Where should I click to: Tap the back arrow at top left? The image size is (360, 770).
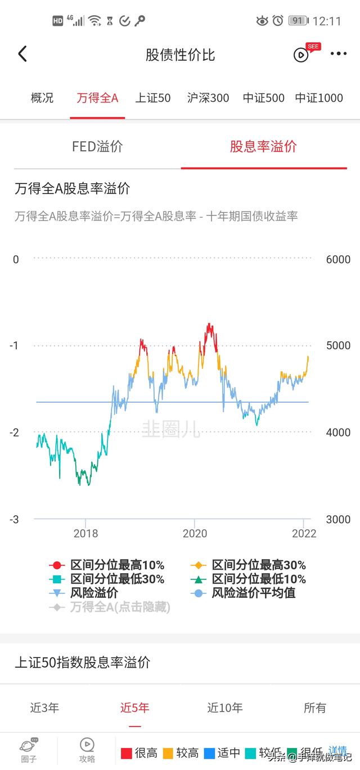click(x=22, y=55)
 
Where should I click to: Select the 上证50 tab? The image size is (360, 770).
click(x=153, y=98)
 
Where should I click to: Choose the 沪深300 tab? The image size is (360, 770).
click(x=208, y=98)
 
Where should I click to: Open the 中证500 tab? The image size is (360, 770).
click(x=264, y=98)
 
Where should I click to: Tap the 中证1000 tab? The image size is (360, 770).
click(x=319, y=98)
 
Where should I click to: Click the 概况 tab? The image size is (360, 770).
click(x=42, y=98)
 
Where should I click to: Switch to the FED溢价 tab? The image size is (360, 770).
click(x=97, y=147)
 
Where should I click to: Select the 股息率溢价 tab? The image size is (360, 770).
click(x=263, y=147)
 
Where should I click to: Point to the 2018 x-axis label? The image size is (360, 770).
click(x=85, y=533)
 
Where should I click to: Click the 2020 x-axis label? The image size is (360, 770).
click(x=195, y=533)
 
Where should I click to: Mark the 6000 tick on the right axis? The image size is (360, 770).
click(x=338, y=259)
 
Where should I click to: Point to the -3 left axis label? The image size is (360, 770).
click(x=14, y=519)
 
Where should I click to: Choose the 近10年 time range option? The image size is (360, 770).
click(x=225, y=708)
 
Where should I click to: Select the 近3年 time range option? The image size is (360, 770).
click(x=44, y=708)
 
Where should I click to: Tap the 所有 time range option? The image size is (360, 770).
click(x=315, y=708)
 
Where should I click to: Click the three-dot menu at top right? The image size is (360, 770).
click(x=339, y=54)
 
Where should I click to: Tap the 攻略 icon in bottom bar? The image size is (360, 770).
click(x=87, y=750)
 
